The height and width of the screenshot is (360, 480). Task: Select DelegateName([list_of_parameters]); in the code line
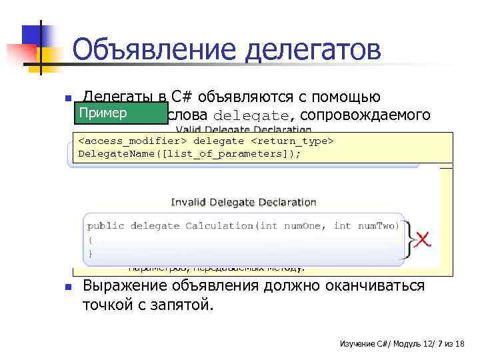(x=189, y=153)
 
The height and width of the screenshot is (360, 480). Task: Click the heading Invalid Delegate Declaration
(x=243, y=202)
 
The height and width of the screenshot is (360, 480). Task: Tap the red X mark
(x=422, y=239)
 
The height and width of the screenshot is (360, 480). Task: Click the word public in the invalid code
(x=105, y=225)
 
